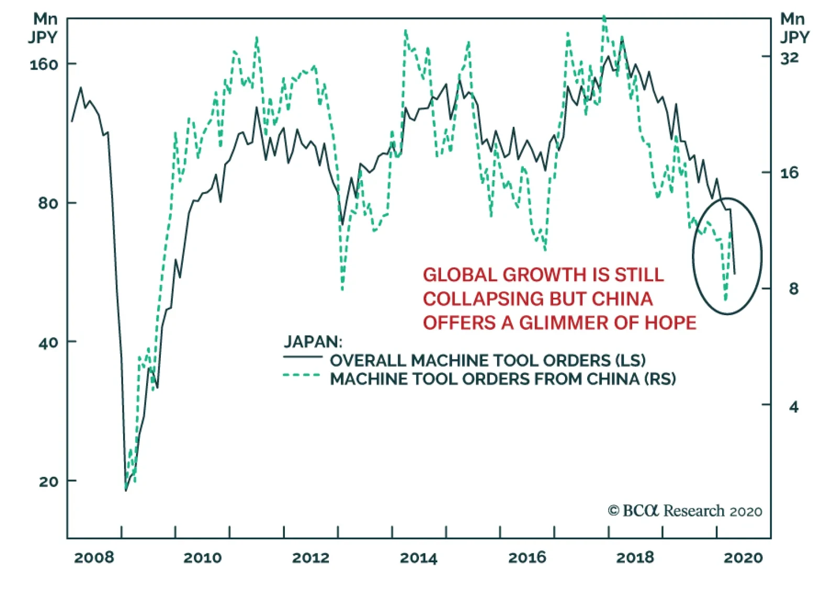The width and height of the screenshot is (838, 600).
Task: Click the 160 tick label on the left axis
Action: click(43, 64)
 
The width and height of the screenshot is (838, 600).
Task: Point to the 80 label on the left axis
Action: click(48, 203)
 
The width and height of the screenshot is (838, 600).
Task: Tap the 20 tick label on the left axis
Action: click(48, 481)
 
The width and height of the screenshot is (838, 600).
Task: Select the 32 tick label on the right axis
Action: click(789, 58)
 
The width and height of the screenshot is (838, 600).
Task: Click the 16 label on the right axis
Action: click(789, 173)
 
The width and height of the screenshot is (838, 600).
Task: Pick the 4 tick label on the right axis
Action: click(794, 406)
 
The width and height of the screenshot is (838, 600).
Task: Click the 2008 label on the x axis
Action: click(94, 558)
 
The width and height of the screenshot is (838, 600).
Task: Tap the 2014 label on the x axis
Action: click(418, 558)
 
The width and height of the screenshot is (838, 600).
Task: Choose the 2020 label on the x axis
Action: click(743, 558)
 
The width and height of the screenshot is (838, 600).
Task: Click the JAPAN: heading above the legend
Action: click(313, 342)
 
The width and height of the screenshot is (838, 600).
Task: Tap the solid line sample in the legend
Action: click(303, 357)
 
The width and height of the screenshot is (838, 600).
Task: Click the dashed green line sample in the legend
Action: click(302, 375)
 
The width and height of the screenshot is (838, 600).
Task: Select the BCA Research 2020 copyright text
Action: click(685, 511)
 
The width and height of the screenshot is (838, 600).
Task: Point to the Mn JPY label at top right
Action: click(794, 28)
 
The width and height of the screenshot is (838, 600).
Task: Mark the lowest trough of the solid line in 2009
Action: click(126, 490)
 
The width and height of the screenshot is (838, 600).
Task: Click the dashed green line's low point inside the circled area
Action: click(725, 300)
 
